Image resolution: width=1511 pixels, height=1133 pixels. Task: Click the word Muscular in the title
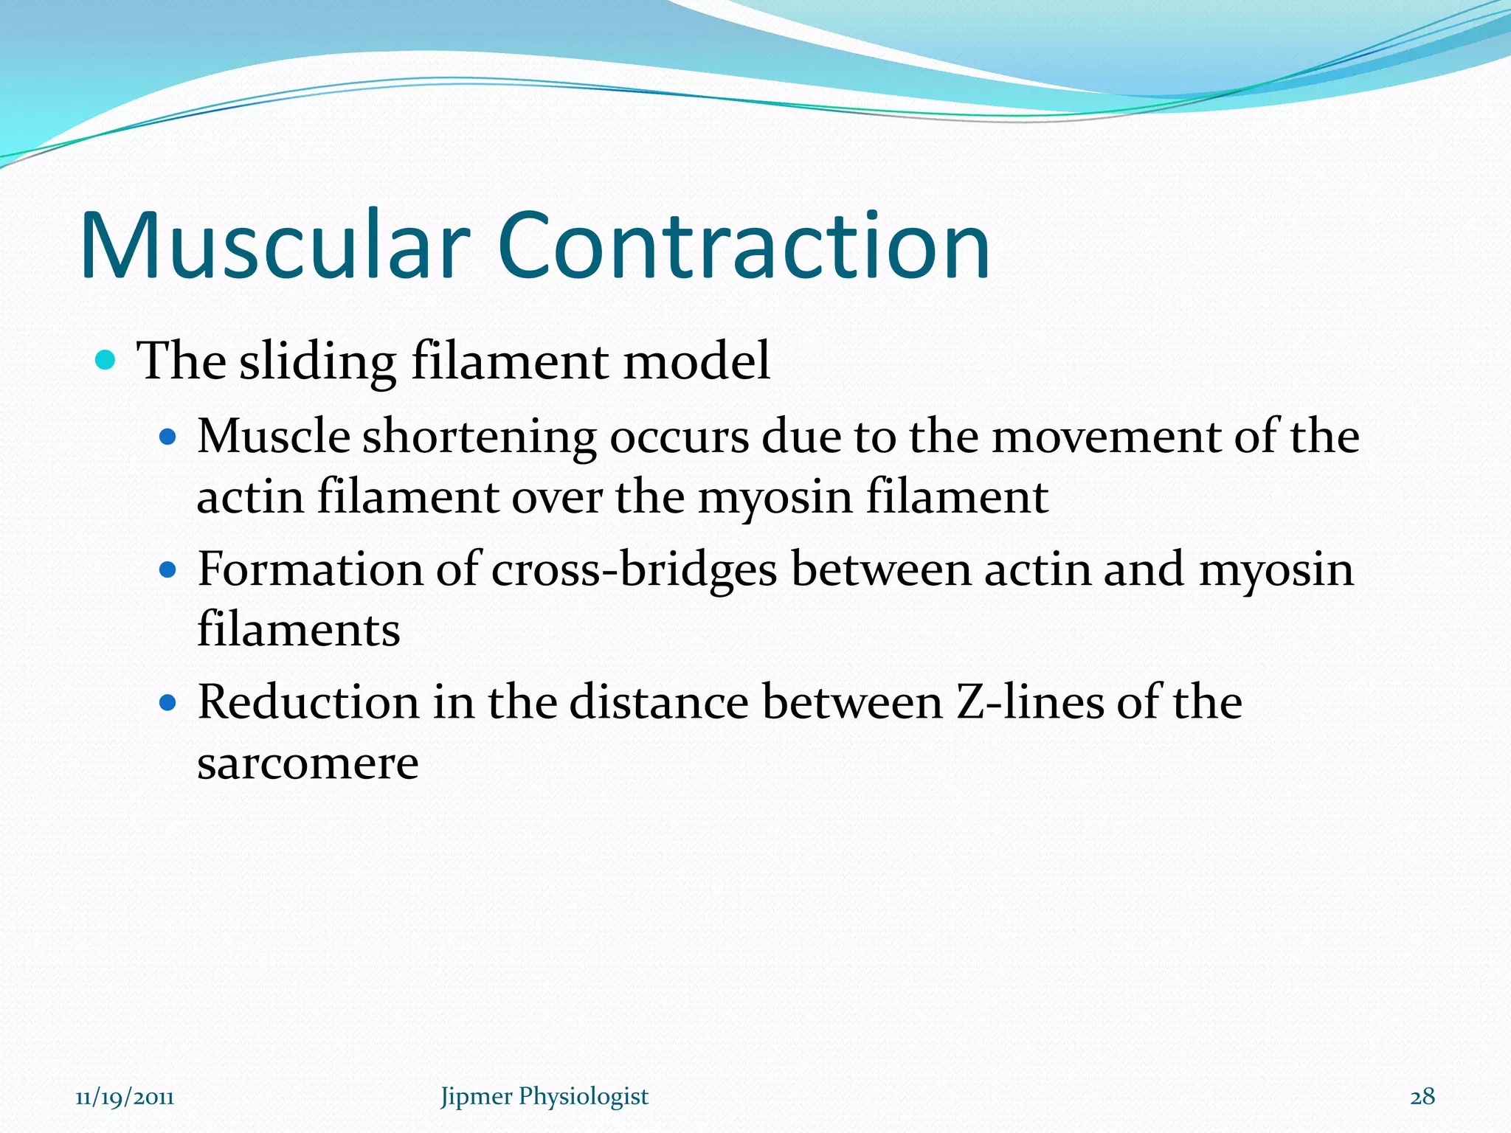click(x=274, y=245)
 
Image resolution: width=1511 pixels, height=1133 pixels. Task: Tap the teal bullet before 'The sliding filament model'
click(x=106, y=361)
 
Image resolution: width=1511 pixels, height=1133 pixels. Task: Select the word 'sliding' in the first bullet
click(x=318, y=362)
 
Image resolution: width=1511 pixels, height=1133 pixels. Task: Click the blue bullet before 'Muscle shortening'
click(x=168, y=437)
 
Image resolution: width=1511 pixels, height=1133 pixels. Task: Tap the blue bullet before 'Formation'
click(x=168, y=570)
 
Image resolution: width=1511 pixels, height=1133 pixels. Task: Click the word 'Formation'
click(x=311, y=569)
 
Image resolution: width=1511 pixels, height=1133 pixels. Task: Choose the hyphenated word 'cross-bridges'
click(x=634, y=570)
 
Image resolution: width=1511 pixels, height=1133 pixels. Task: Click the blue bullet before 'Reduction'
click(x=168, y=702)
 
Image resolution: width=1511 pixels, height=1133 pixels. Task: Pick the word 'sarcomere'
click(x=308, y=763)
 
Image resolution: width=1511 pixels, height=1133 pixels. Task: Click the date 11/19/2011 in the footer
click(x=125, y=1097)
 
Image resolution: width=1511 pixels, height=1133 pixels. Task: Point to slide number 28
click(x=1422, y=1097)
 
